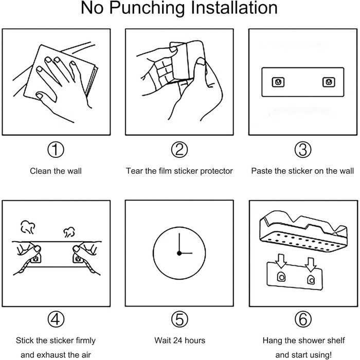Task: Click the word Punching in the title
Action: (x=147, y=9)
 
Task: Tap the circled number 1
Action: (x=56, y=150)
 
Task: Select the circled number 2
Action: (x=179, y=150)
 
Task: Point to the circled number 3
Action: (x=303, y=150)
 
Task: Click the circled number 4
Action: (x=56, y=319)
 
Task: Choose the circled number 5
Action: (x=179, y=319)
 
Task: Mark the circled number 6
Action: (x=303, y=319)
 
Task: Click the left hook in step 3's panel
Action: (x=278, y=82)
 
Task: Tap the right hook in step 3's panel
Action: (x=329, y=82)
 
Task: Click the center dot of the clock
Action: (x=179, y=253)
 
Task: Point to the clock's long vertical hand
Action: (x=179, y=243)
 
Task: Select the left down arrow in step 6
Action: (x=281, y=261)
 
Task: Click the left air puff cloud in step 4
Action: (x=28, y=227)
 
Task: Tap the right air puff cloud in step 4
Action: (x=69, y=232)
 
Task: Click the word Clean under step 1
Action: (x=41, y=171)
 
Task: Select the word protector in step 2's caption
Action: (x=217, y=171)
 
